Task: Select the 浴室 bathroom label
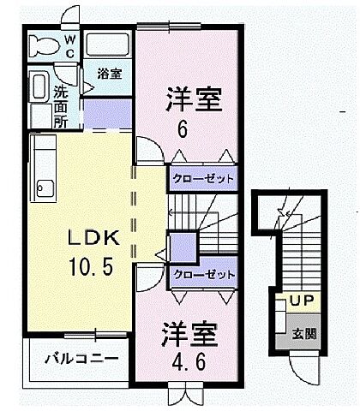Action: pos(108,74)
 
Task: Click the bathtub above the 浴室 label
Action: pos(108,45)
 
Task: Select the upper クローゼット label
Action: pos(201,179)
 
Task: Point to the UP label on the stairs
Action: pos(299,301)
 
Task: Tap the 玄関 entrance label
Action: pos(301,333)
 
